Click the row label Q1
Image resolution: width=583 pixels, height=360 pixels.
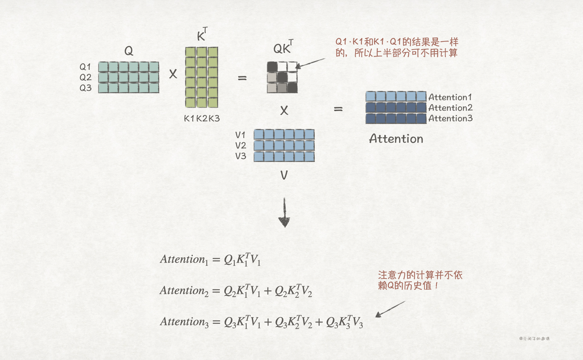pyautogui.click(x=85, y=67)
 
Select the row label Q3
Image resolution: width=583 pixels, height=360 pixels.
pyautogui.click(x=85, y=88)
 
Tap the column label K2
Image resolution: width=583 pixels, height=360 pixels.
pyautogui.click(x=202, y=118)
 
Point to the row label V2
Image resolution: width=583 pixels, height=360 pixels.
pyautogui.click(x=241, y=146)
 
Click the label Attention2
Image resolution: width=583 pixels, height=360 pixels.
pyautogui.click(x=450, y=108)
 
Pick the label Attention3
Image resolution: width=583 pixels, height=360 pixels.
pyautogui.click(x=450, y=118)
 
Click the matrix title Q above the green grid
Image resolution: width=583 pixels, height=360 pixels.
pyautogui.click(x=129, y=51)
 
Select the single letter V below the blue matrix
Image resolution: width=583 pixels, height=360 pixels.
pyautogui.click(x=284, y=175)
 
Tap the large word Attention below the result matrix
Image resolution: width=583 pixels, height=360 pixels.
pyautogui.click(x=396, y=139)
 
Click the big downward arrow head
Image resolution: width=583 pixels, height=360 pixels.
pyautogui.click(x=284, y=222)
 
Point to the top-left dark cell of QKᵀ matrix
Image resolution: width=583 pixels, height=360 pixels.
pyautogui.click(x=272, y=66)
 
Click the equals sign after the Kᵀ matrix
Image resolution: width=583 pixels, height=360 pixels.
pyautogui.click(x=242, y=78)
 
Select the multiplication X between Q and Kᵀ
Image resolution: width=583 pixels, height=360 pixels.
pyautogui.click(x=173, y=74)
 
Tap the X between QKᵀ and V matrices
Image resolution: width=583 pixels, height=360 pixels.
pyautogui.click(x=284, y=111)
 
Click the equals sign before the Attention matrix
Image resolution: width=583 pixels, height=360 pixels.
pyautogui.click(x=338, y=109)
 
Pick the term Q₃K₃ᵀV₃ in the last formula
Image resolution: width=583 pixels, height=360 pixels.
pyautogui.click(x=344, y=322)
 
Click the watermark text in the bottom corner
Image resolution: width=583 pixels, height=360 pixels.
pyautogui.click(x=534, y=339)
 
